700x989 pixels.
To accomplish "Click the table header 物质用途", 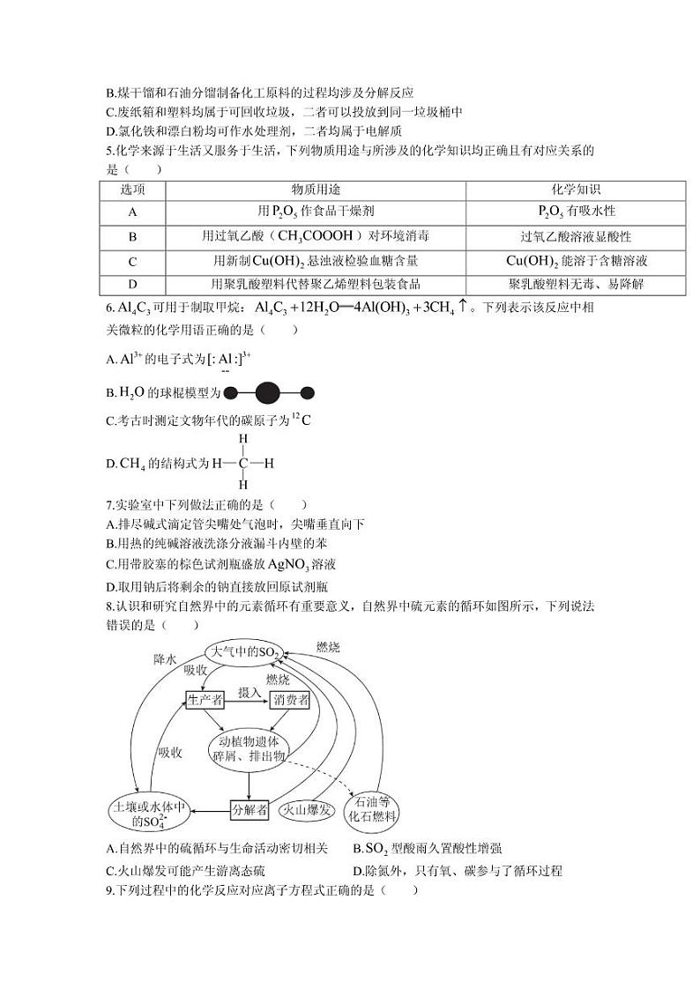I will click(x=316, y=190).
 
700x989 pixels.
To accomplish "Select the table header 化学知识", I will click(x=576, y=190).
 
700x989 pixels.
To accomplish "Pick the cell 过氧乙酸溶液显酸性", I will click(x=576, y=236).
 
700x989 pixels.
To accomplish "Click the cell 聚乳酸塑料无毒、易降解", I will click(x=576, y=284).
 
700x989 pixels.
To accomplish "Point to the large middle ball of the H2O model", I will click(x=267, y=393).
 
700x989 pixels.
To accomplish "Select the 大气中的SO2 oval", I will click(x=242, y=652).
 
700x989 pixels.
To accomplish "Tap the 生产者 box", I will click(x=205, y=699).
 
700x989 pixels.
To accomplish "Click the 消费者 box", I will click(x=290, y=699).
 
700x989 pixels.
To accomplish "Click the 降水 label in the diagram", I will click(x=165, y=658).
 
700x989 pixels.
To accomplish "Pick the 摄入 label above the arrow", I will click(x=249, y=691).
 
